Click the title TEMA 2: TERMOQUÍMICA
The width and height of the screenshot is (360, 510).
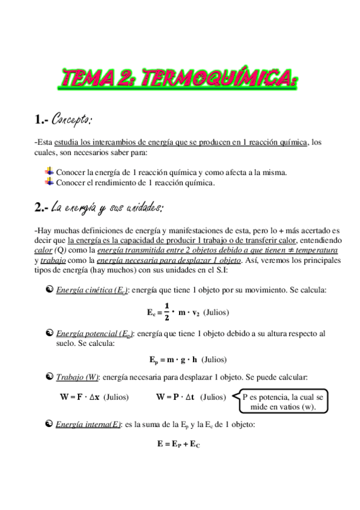click(180, 78)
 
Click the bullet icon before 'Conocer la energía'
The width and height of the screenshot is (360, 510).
click(50, 172)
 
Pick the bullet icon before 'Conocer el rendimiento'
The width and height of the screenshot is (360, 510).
click(50, 182)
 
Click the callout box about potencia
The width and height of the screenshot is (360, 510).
click(282, 402)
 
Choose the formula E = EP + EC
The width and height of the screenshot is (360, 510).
click(178, 444)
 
